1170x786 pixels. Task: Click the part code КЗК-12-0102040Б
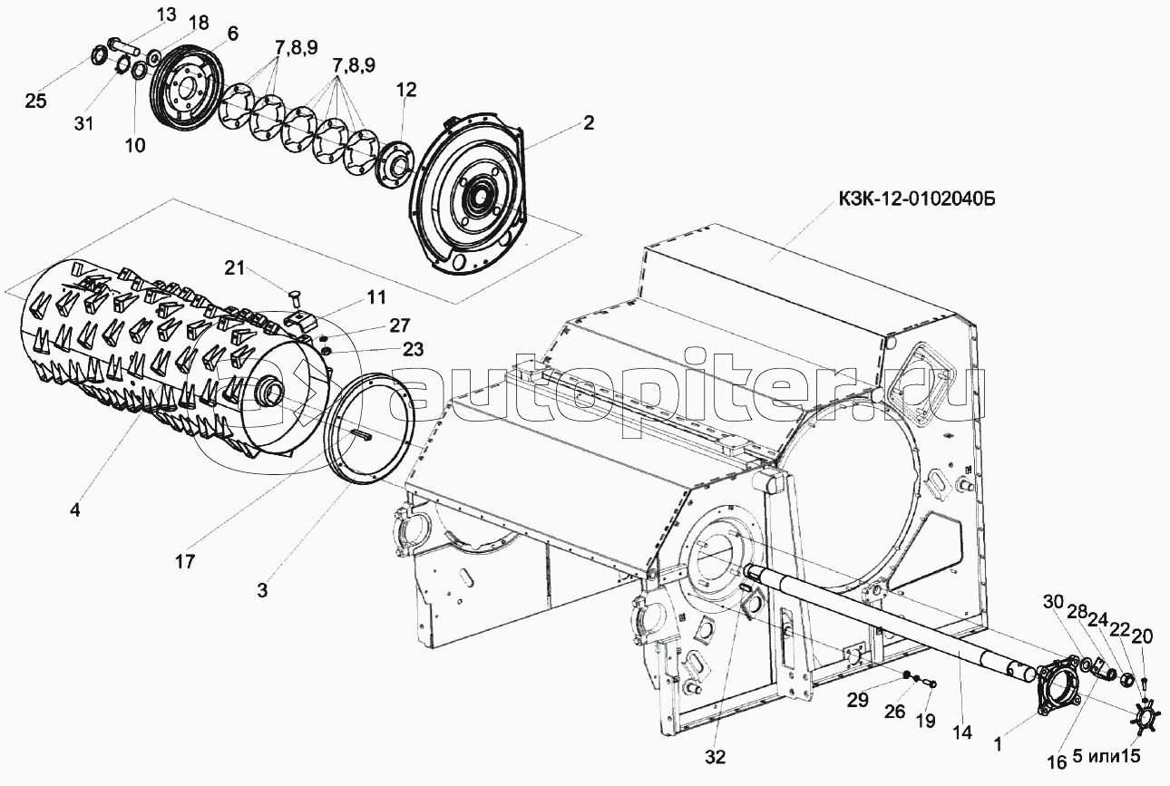tap(917, 199)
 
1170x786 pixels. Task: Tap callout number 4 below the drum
tap(75, 510)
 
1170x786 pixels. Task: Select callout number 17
tap(185, 561)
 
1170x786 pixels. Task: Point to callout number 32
tap(715, 757)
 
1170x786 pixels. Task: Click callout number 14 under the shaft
tap(961, 733)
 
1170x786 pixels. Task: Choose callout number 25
tap(35, 101)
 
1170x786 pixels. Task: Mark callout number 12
tap(405, 90)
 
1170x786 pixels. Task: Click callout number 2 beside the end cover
tap(588, 123)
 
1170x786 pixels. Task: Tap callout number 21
tap(235, 268)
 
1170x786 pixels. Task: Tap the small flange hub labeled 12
tap(395, 167)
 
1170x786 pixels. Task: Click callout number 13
tap(167, 15)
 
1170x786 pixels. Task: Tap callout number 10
tap(135, 145)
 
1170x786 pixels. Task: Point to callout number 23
tap(413, 349)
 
